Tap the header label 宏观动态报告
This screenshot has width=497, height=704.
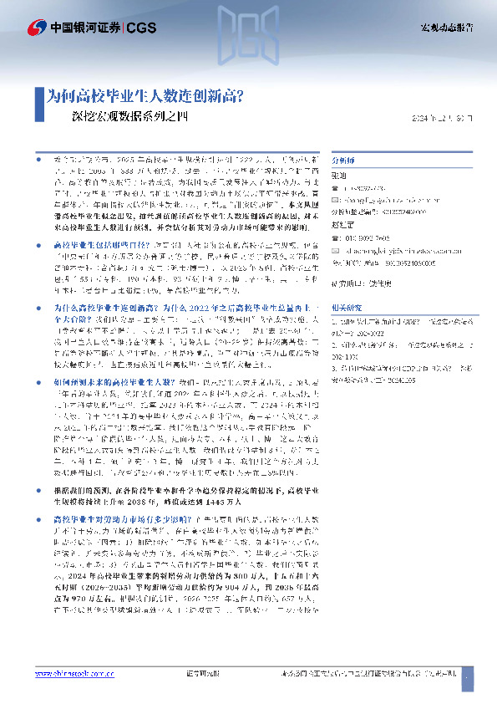[x=445, y=28]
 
